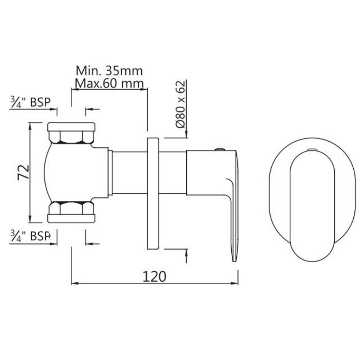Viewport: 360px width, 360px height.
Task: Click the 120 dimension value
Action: point(154,276)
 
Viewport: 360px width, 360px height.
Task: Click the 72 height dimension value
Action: point(23,172)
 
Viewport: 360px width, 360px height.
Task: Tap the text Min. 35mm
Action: point(109,71)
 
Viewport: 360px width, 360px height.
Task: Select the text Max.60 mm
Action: point(109,84)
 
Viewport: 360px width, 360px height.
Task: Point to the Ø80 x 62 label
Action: point(180,104)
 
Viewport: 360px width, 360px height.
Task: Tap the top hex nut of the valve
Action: point(71,137)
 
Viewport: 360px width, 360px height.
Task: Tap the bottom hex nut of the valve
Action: point(71,208)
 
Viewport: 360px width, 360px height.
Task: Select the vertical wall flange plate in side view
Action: point(153,193)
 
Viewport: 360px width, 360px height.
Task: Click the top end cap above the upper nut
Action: point(71,127)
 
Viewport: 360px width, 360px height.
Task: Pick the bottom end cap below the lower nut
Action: point(71,218)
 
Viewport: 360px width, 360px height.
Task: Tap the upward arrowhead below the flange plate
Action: point(186,252)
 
